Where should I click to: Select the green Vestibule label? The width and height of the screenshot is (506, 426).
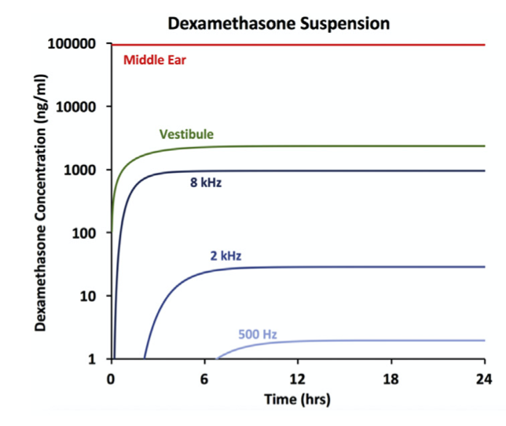[186, 134]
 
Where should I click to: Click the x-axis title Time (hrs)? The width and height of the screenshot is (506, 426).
[298, 400]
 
